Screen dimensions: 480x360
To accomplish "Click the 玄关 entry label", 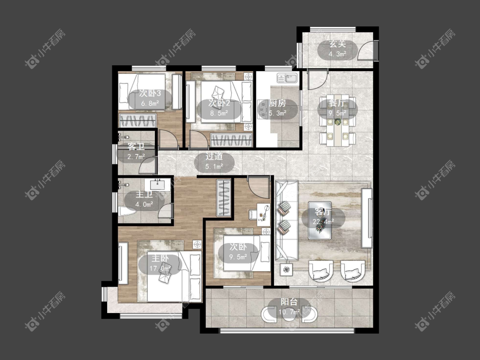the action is pos(337,44).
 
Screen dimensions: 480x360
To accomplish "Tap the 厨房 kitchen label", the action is pos(278,103).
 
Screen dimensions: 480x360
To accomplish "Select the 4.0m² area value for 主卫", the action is pos(145,204).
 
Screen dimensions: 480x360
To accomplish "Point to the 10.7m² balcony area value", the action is pos(289,312).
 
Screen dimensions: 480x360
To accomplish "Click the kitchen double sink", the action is pos(288,78).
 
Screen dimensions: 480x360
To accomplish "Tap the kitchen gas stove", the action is pos(263,109).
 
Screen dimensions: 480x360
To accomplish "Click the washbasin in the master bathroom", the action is pos(157,185).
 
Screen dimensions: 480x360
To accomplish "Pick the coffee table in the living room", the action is pos(320,220).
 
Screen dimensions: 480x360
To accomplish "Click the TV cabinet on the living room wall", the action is pos(367,218).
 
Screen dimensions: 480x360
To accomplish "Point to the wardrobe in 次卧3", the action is pos(138,121).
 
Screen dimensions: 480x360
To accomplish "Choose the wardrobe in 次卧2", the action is pos(231,140).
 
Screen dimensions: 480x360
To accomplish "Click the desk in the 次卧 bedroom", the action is pos(264,215).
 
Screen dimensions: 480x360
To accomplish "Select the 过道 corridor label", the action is pos(214,157).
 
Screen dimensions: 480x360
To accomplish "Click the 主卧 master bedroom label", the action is pos(160,258).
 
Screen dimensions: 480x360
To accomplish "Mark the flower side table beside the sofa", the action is pos(286,270).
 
